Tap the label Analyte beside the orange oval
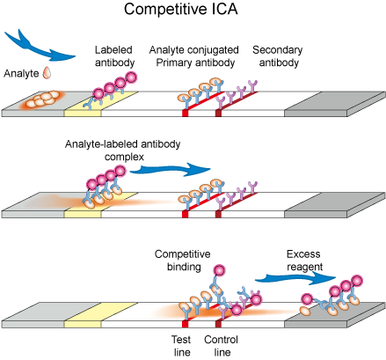tap(21, 72)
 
